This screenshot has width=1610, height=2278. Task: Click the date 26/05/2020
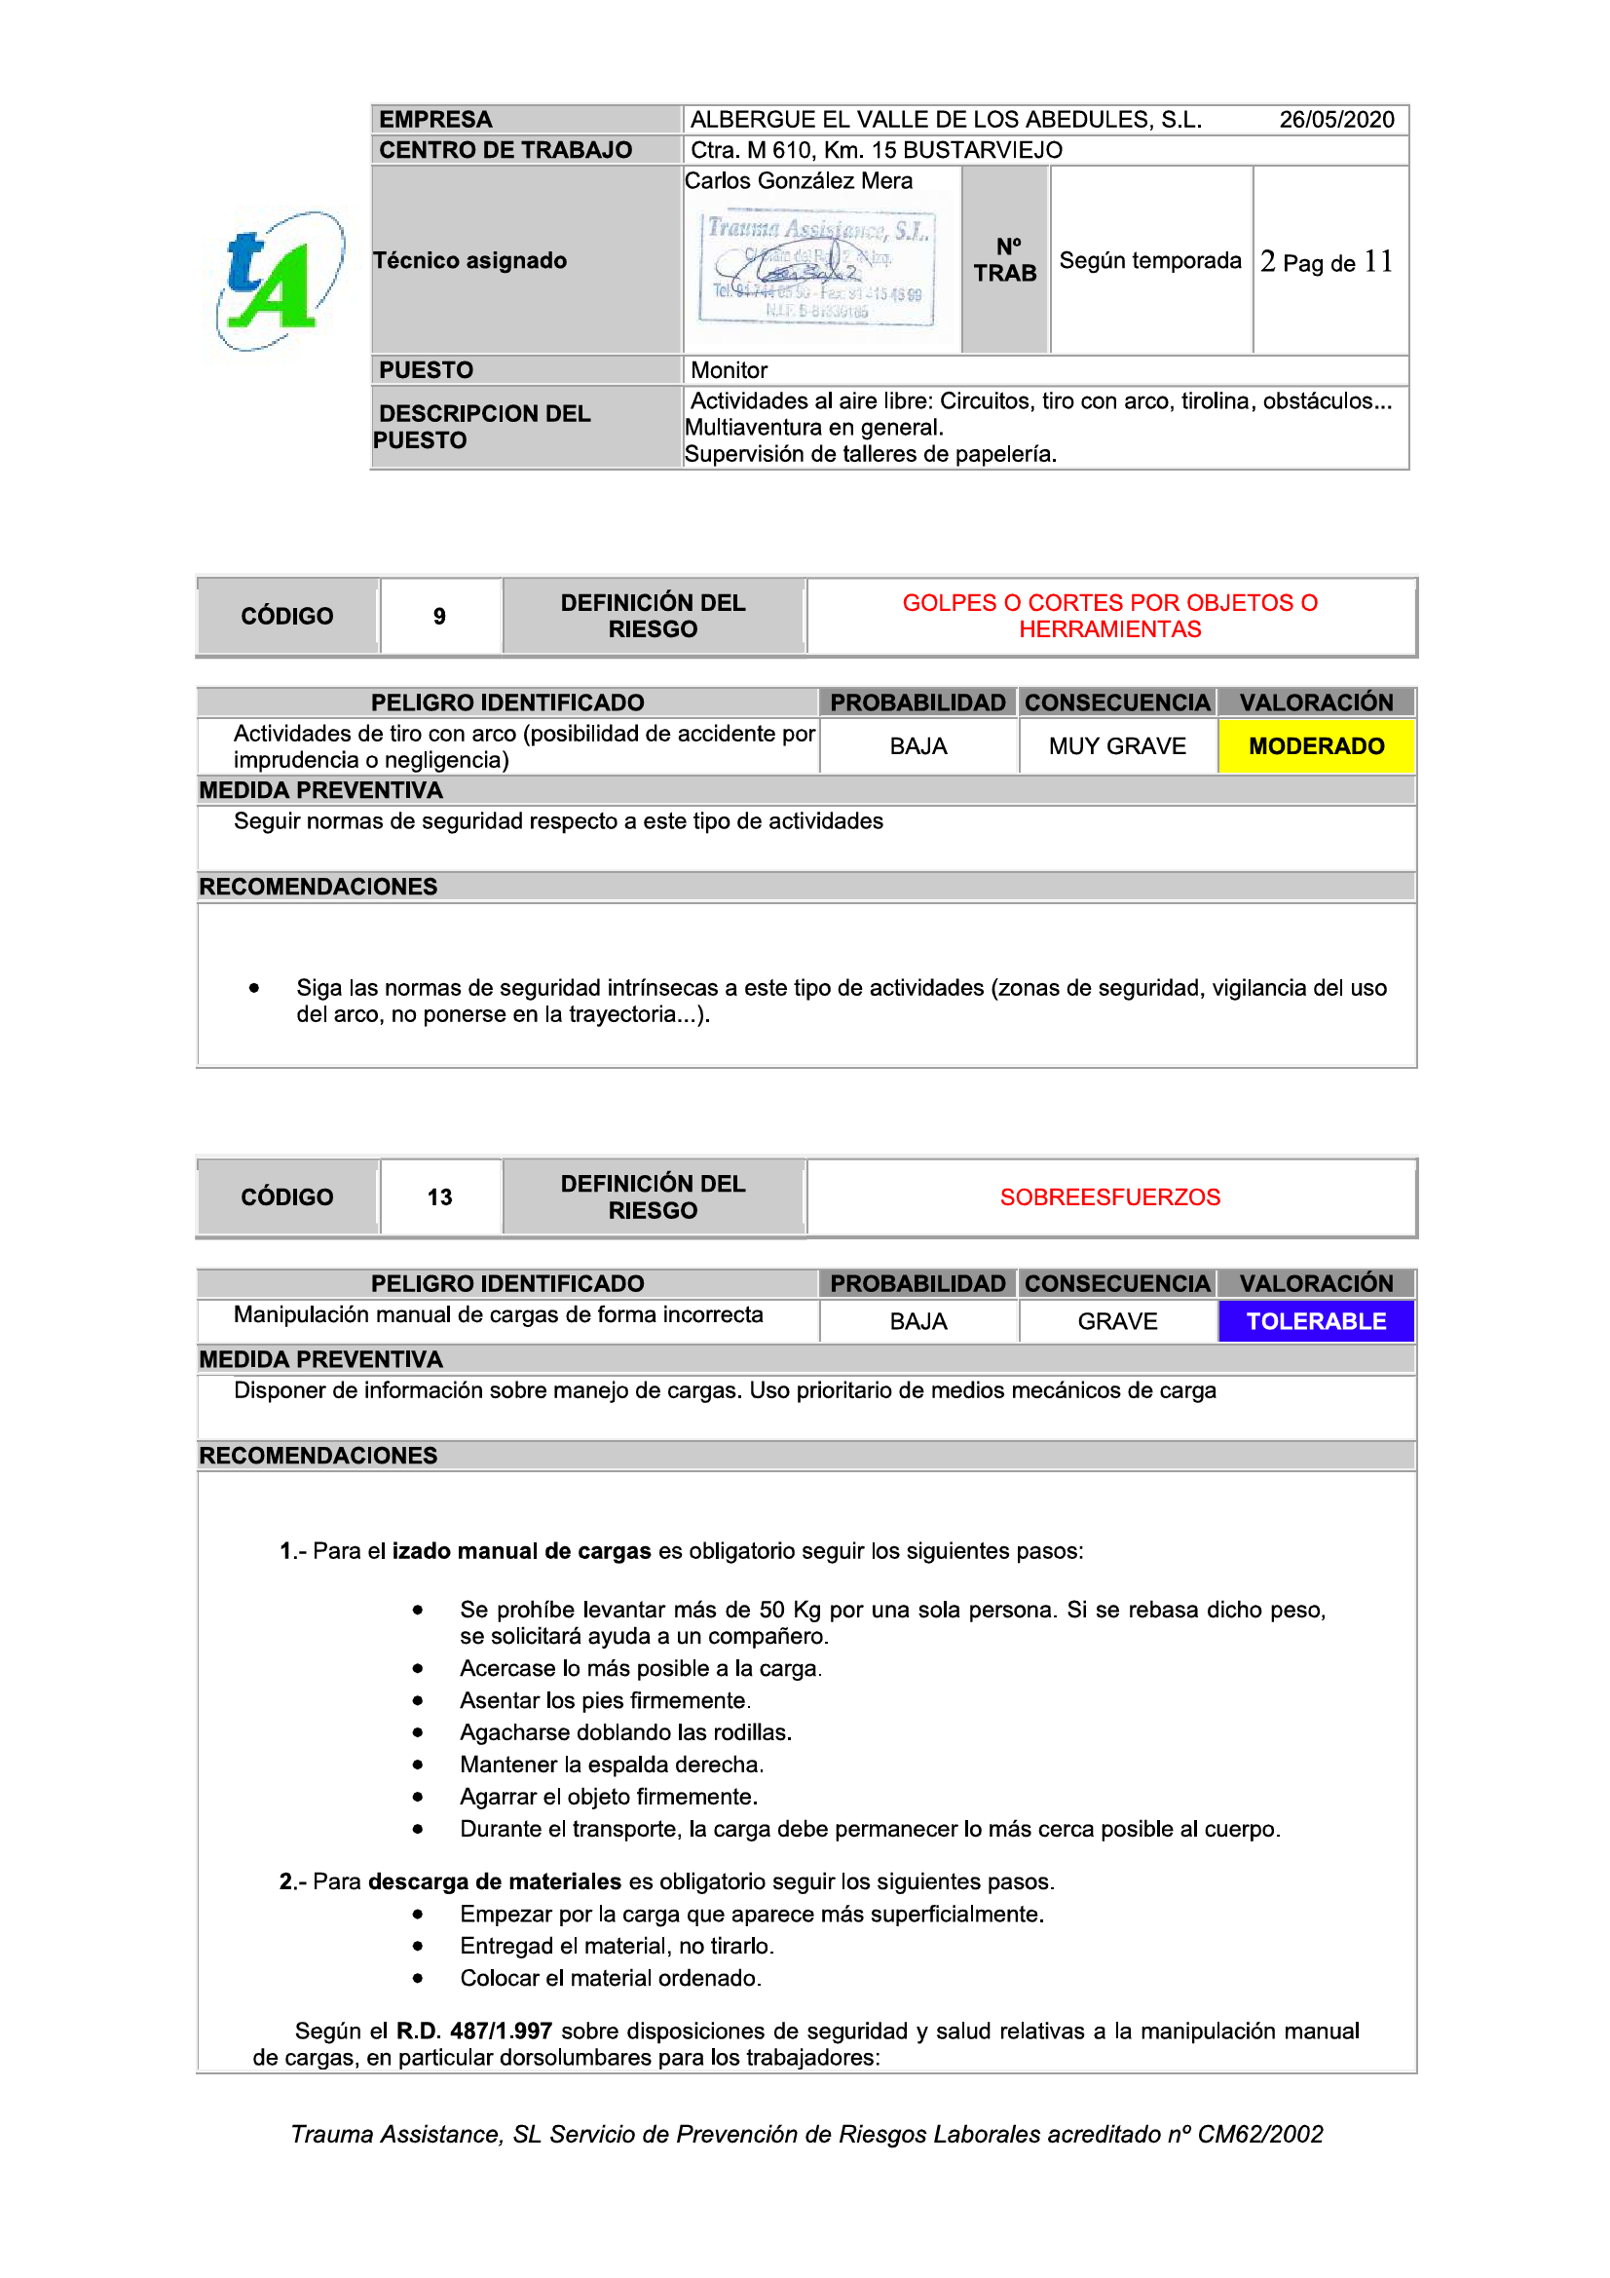[x=1335, y=120]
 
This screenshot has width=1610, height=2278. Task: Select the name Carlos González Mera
[x=799, y=180]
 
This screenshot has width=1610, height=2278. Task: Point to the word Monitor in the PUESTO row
[x=730, y=370]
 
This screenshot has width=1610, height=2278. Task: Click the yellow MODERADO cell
[x=1316, y=746]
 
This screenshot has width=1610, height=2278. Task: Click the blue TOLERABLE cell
[x=1316, y=1321]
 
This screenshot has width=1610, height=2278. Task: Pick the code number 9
[x=439, y=617]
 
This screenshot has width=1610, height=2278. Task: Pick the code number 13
[x=439, y=1197]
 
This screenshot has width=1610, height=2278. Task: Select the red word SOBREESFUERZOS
[x=1109, y=1197]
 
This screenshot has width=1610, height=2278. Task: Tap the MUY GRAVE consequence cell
[x=1117, y=746]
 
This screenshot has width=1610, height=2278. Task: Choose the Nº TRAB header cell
[x=1005, y=260]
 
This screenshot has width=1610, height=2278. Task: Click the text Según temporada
[x=1149, y=261]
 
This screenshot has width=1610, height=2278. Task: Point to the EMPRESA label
[x=435, y=120]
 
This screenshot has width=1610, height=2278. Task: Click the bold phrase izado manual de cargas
[x=522, y=1551]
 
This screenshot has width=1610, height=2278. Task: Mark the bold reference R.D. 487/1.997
[x=474, y=2031]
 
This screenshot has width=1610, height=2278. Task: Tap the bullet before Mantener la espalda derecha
[x=418, y=1765]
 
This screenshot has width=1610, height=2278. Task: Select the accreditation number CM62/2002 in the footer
[x=1259, y=2134]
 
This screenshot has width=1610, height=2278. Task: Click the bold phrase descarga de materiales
[x=494, y=1881]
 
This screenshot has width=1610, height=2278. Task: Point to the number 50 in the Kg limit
[x=771, y=1610]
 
